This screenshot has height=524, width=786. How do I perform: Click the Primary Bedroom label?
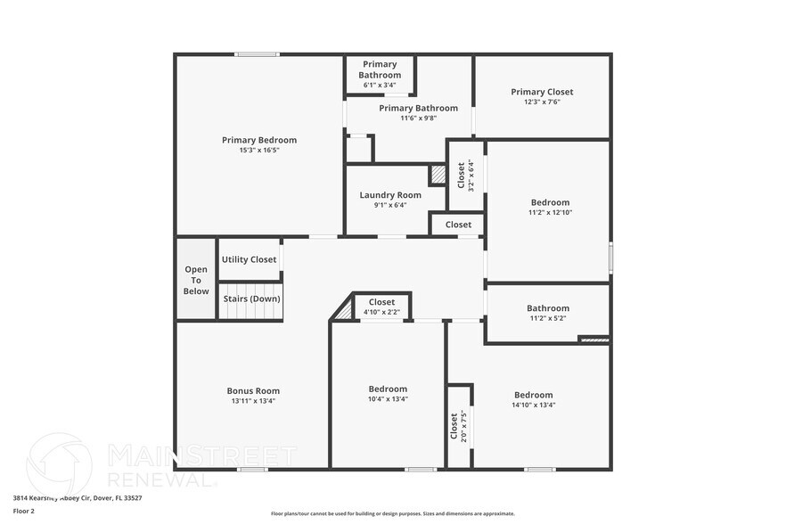coord(258,140)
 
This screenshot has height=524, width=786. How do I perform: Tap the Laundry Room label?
coord(390,195)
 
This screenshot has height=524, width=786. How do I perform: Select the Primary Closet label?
coord(542,92)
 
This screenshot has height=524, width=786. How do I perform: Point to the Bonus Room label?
coord(253,390)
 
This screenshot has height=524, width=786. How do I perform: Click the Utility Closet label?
coord(250,259)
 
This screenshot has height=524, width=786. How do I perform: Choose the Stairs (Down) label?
coord(251,299)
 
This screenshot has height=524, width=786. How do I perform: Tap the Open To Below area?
coord(196,280)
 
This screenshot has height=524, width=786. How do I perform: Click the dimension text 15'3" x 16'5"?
coord(258,151)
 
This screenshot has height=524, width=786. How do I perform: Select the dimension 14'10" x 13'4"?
coord(533,405)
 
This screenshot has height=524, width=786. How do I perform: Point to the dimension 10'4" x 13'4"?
coord(388,399)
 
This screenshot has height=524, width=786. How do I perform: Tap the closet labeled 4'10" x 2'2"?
coord(381,307)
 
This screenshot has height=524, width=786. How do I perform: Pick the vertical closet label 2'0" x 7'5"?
coord(458,426)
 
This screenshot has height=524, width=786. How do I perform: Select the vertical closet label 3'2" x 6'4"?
coord(465,175)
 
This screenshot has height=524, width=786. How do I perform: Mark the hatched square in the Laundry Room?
coord(438,175)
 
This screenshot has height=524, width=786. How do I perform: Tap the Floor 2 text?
coord(23,511)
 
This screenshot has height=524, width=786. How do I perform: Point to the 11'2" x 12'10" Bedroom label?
coord(549,208)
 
